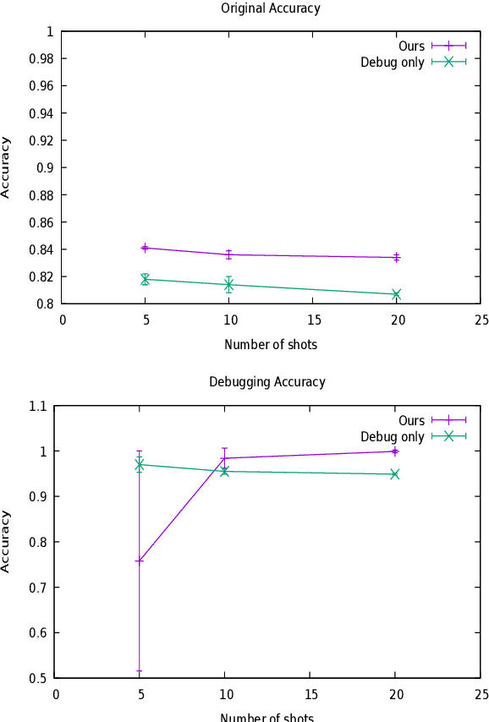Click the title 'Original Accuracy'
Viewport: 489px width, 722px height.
tap(271, 8)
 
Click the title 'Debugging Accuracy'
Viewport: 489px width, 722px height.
tap(267, 382)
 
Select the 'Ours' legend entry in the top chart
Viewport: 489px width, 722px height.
tap(411, 46)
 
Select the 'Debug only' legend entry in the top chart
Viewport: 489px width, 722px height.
tap(393, 63)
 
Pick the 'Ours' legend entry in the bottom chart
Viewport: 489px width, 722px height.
tap(411, 420)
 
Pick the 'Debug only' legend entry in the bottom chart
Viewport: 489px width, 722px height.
tap(393, 436)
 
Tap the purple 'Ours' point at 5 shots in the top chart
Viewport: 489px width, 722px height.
tap(145, 248)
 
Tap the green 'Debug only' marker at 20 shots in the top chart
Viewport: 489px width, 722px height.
tap(396, 294)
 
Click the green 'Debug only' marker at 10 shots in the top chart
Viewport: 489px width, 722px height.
tap(228, 285)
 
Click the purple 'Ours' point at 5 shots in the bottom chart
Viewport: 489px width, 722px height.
tap(139, 561)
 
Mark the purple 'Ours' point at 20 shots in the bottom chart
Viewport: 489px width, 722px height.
tap(395, 451)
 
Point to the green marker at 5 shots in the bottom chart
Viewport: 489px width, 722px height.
tap(139, 464)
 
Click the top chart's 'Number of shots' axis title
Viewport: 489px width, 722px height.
tap(271, 345)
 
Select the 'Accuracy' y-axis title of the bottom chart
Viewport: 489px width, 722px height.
tap(7, 541)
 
